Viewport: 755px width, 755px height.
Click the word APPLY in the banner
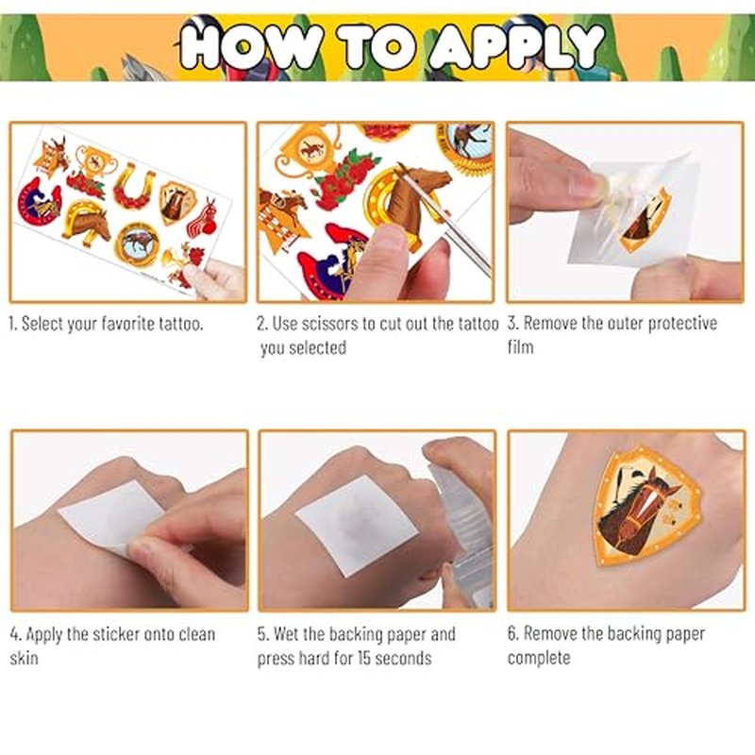(x=516, y=45)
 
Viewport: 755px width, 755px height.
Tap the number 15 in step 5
(x=364, y=658)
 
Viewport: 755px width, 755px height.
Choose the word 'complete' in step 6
(x=539, y=658)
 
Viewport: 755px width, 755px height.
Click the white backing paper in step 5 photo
(x=358, y=525)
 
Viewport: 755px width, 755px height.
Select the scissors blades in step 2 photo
(x=445, y=219)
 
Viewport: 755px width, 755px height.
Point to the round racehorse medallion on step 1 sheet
(x=137, y=244)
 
